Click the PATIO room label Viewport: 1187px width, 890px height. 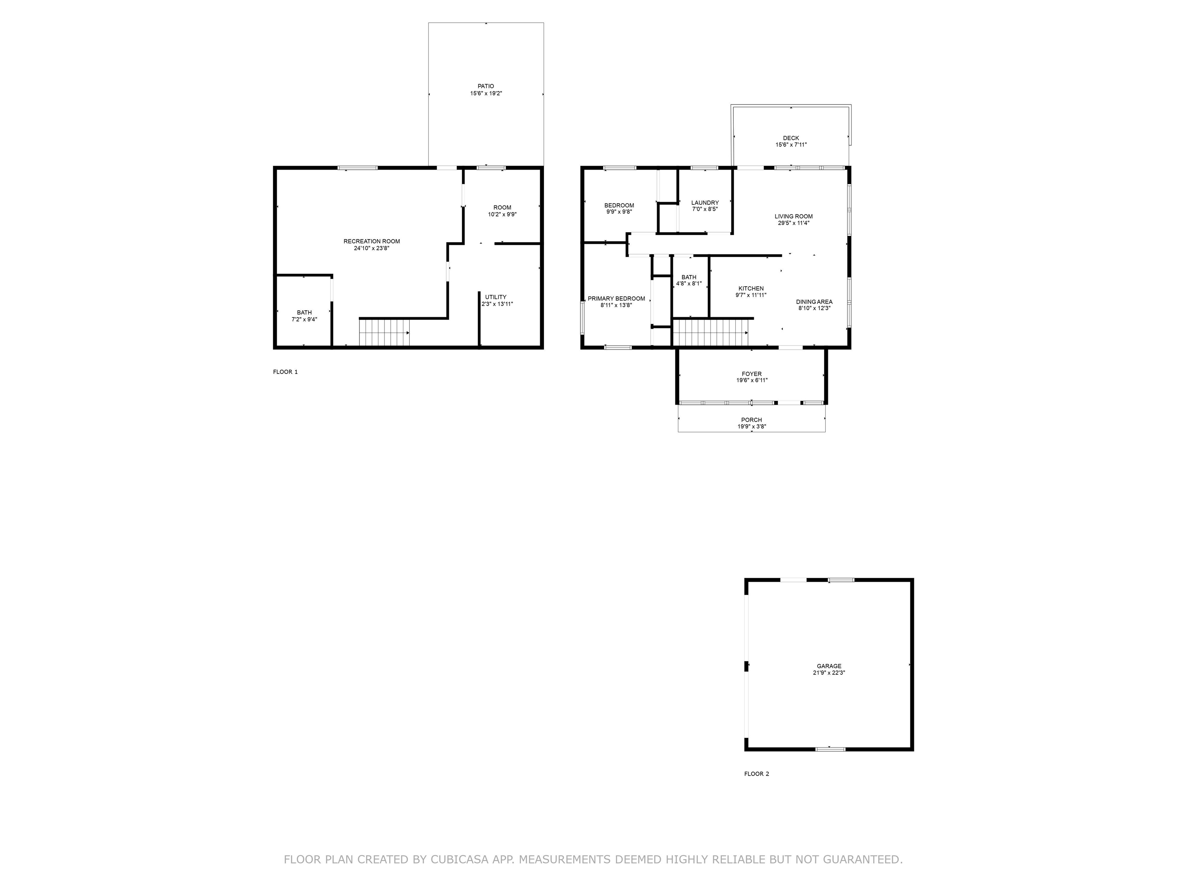[486, 86]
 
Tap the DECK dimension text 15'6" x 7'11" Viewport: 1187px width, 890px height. [791, 145]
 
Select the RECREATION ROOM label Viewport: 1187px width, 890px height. [372, 241]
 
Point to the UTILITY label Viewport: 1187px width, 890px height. [496, 297]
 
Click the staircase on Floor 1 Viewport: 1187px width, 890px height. [384, 332]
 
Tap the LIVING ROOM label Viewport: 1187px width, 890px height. [794, 216]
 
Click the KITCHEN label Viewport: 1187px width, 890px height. [751, 289]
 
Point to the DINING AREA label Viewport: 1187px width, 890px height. [814, 302]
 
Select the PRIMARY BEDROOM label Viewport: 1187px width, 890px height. [616, 299]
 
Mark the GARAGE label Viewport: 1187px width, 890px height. [829, 666]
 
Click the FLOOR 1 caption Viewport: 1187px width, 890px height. [285, 372]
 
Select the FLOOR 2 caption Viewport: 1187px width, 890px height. [757, 774]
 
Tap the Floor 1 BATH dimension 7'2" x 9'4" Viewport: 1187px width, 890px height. [304, 319]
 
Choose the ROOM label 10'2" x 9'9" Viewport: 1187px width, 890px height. [502, 207]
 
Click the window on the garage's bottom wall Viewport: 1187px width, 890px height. [830, 748]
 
